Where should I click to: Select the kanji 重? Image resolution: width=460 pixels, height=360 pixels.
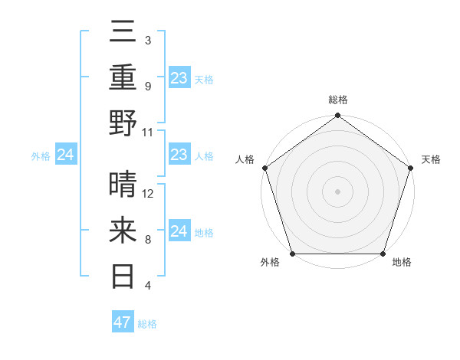tap(124, 78)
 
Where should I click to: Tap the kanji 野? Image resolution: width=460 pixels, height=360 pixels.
tap(124, 122)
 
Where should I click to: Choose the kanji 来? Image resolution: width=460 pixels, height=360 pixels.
tap(124, 229)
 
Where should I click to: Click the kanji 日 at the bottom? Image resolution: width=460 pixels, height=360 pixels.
tap(124, 273)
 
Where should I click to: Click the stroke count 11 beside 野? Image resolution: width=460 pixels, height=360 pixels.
tap(148, 132)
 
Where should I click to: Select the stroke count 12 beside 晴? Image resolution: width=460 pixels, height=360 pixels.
tap(148, 194)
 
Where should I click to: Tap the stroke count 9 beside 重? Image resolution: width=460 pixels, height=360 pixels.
tap(147, 87)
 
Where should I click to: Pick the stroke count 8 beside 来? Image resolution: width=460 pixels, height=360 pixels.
tap(147, 240)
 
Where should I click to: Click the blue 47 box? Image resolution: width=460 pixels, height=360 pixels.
tap(123, 322)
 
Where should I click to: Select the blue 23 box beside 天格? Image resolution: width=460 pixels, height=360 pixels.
tap(179, 77)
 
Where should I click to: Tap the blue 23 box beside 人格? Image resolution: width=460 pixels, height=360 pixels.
tap(179, 155)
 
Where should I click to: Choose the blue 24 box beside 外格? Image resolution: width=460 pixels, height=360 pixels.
tap(66, 155)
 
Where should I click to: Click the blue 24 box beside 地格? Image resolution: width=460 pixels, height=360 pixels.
tap(179, 231)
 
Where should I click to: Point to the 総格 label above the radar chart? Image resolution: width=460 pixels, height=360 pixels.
tap(338, 100)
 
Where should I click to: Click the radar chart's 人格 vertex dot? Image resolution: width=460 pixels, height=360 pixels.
tap(265, 168)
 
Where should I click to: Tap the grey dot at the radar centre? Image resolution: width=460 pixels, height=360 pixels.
tap(338, 191)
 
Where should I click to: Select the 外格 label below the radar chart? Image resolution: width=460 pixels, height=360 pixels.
tap(270, 263)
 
